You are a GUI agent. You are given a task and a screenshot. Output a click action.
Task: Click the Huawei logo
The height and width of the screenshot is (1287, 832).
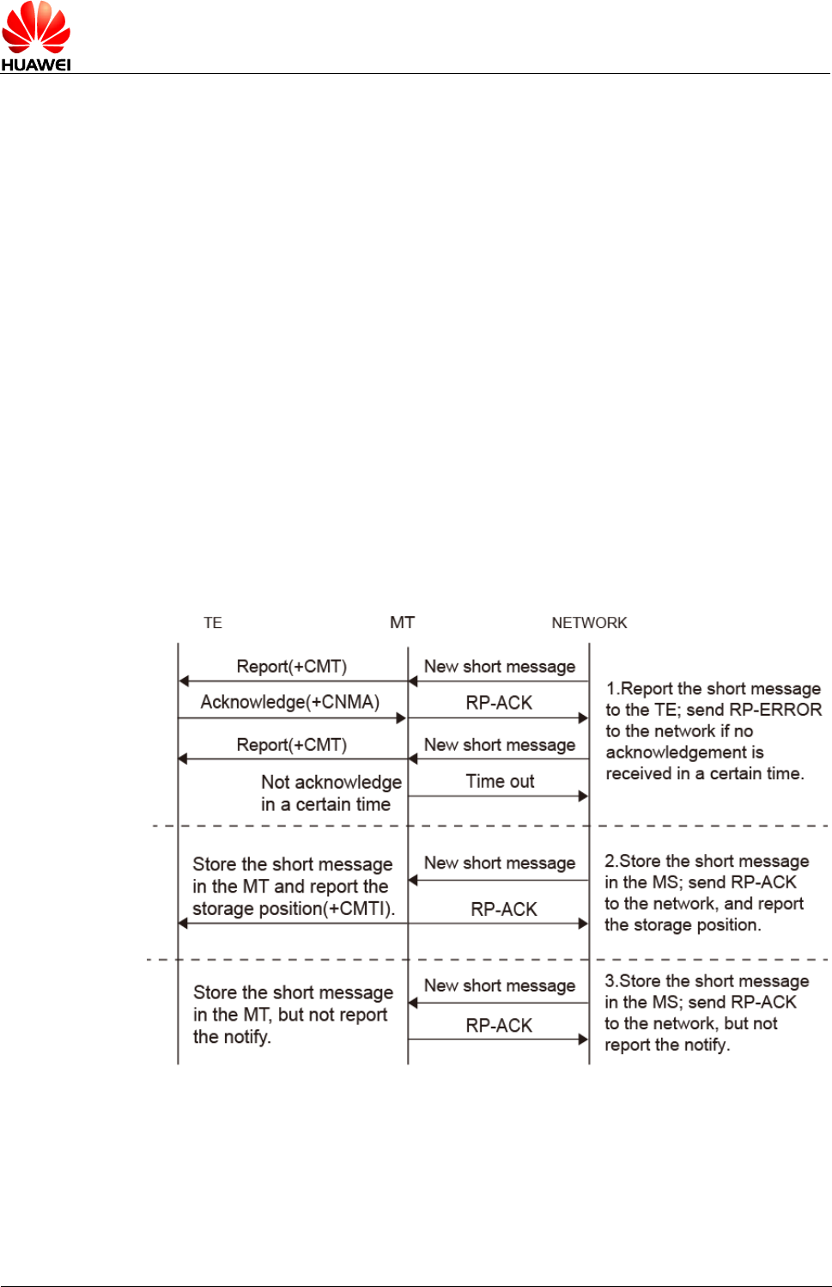click(x=36, y=36)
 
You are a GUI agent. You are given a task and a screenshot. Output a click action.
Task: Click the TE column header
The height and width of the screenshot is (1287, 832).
click(x=213, y=623)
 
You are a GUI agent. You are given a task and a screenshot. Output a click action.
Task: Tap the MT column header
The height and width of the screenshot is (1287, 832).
click(x=402, y=622)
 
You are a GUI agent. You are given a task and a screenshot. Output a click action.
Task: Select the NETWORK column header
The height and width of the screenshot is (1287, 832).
click(x=589, y=623)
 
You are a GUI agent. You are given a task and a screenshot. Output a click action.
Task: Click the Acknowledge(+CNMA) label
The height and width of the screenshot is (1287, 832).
click(x=290, y=702)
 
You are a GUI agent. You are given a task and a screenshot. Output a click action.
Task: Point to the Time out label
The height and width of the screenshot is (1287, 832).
click(x=500, y=781)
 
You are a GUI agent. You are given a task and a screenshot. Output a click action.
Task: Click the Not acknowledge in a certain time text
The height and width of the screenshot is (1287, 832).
click(x=331, y=793)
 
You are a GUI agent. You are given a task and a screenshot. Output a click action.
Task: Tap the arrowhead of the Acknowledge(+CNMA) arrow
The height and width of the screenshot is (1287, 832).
click(x=401, y=717)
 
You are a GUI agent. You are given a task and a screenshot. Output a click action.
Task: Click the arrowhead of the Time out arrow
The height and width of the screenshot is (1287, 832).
click(x=584, y=796)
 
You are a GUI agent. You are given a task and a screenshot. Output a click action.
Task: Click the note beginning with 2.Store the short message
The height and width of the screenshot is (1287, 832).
click(x=706, y=893)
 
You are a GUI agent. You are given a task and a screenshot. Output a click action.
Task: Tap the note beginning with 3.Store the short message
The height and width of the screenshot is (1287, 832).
click(x=706, y=1013)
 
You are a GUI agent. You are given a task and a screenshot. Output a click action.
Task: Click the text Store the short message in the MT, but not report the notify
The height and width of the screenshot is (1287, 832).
click(x=292, y=1015)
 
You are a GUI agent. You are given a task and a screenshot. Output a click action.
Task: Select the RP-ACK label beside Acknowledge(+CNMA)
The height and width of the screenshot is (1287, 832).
click(x=499, y=703)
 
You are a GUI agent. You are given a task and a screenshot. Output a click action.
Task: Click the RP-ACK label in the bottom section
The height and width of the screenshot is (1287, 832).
click(x=499, y=1025)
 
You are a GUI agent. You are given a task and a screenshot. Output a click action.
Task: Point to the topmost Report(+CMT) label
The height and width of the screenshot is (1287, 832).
click(x=291, y=667)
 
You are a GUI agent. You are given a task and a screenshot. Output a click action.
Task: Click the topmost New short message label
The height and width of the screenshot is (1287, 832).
click(x=500, y=667)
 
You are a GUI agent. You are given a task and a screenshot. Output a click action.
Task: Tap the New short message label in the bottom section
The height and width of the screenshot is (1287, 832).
click(x=500, y=985)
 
